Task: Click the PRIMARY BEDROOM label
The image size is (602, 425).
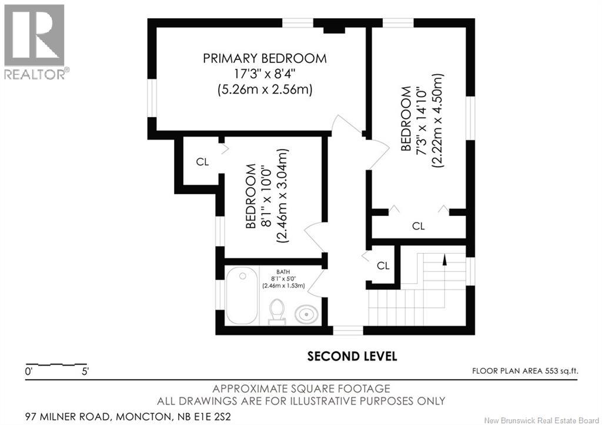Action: point(265,58)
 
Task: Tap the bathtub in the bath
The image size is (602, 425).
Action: point(242,295)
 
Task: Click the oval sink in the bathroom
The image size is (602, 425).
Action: point(306,314)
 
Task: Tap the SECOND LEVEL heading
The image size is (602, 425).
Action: point(352,356)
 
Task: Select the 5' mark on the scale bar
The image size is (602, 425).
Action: point(85,371)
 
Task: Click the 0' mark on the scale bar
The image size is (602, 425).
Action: point(29,371)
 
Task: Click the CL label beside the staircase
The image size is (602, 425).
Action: point(383,265)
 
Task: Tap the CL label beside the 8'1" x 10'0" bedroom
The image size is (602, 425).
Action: point(202,162)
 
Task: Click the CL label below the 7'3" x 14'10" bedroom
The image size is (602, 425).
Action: point(419,226)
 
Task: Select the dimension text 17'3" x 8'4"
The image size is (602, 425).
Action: point(265,74)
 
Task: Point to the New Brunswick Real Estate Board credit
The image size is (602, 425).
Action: point(541,420)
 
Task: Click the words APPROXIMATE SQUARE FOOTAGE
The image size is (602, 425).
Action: point(302,389)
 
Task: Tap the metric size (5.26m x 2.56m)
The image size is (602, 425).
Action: point(265,90)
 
